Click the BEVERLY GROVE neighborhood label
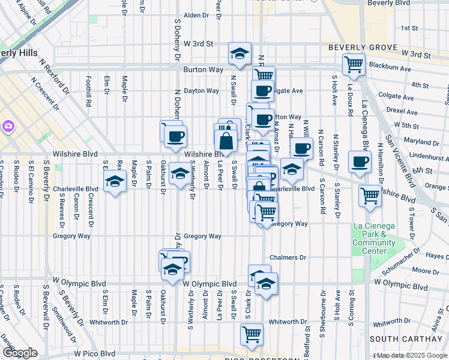tap(363, 47)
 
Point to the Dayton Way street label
tap(201, 91)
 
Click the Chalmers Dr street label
tap(288, 257)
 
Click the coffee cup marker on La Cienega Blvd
tap(360, 161)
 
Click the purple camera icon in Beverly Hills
tap(9, 126)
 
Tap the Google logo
tap(20, 353)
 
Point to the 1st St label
tap(409, 28)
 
